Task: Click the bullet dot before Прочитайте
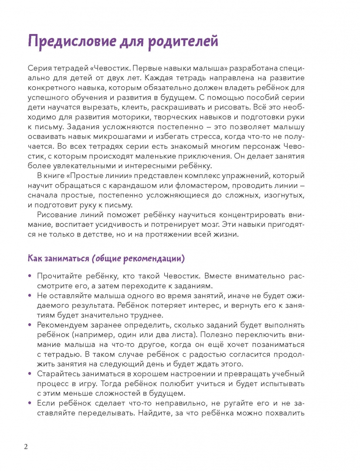tap(30, 276)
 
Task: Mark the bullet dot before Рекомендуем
tap(30, 325)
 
